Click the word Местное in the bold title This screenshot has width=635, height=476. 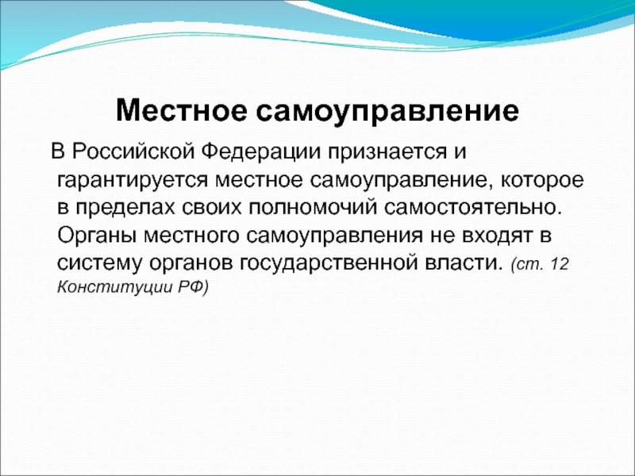click(x=181, y=110)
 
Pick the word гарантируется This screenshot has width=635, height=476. click(x=133, y=181)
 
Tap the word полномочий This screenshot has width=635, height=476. click(x=313, y=208)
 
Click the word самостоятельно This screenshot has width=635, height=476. click(x=473, y=208)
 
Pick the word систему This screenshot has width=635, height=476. click(x=100, y=264)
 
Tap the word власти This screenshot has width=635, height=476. click(x=462, y=263)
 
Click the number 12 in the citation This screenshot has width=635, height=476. click(x=560, y=265)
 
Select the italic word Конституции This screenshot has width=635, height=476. click(x=114, y=288)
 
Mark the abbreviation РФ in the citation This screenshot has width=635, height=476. click(x=193, y=288)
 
